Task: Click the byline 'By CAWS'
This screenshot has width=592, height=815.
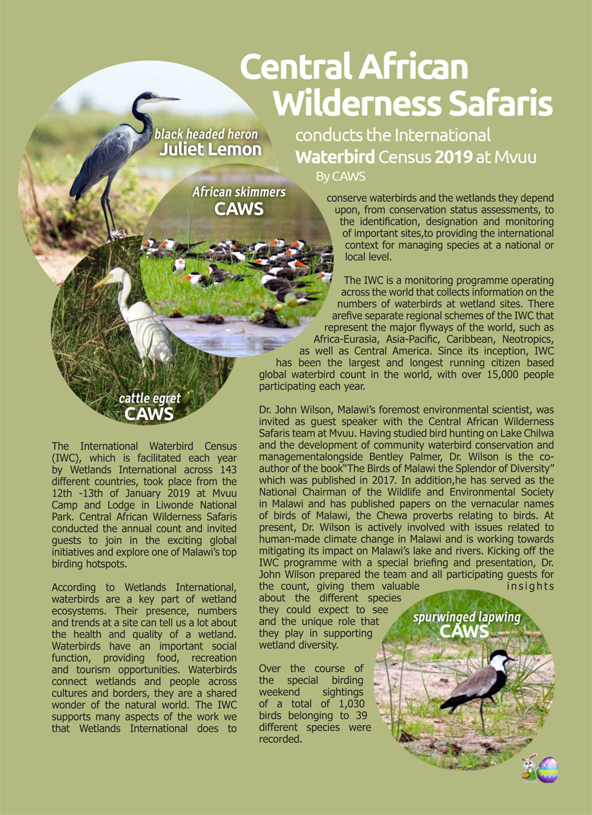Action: (x=340, y=175)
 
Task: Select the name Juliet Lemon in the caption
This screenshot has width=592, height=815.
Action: (x=210, y=150)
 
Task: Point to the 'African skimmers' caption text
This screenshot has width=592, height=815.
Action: (x=239, y=192)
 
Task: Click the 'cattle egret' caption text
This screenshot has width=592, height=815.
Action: (x=150, y=399)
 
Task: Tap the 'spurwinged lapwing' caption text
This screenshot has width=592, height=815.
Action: (x=467, y=618)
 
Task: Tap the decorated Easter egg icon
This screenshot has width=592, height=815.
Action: (x=548, y=769)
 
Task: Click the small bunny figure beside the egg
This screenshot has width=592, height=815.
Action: (x=530, y=768)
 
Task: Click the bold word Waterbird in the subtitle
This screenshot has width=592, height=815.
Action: (x=334, y=157)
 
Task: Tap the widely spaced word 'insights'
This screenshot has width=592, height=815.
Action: (x=530, y=586)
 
